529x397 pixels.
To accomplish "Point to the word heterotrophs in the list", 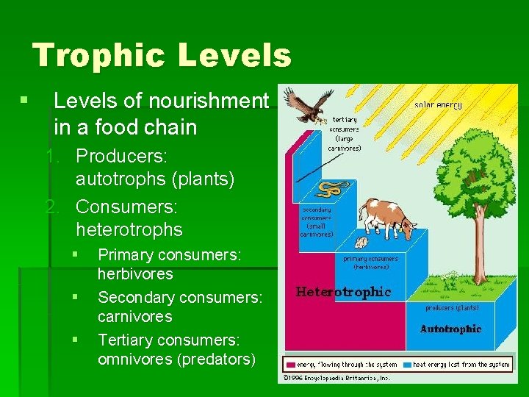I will (129, 229).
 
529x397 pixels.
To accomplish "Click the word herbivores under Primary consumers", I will (135, 274).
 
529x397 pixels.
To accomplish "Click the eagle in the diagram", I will (307, 104).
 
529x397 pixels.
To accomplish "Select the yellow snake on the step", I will (331, 189).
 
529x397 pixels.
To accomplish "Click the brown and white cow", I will (388, 216).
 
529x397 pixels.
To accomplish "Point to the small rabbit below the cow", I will (361, 242).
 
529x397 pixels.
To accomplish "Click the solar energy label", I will (438, 105).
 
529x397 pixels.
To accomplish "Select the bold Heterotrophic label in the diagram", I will (343, 292).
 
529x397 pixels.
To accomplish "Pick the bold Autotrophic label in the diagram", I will (451, 329).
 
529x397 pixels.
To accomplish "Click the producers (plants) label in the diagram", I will (452, 308).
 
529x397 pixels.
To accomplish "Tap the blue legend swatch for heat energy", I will (409, 364).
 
